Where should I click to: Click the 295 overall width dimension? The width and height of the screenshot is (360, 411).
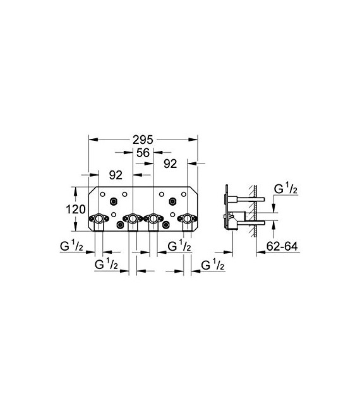[x=143, y=138]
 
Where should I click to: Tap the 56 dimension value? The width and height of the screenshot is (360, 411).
[x=143, y=153]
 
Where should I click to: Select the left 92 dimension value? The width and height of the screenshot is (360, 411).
[x=116, y=173]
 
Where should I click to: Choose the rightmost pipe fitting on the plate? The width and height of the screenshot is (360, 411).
[x=187, y=220]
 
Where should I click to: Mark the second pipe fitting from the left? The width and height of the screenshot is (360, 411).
[x=133, y=220]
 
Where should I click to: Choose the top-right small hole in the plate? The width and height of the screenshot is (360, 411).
[x=184, y=193]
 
